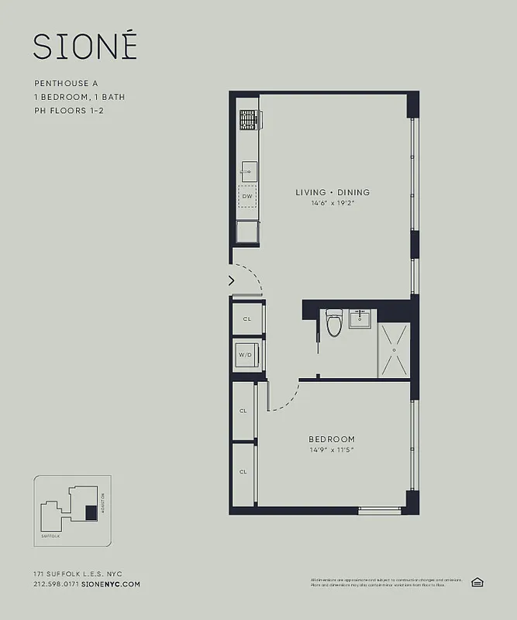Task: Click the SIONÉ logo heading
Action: point(85,46)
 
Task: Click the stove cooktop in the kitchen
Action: point(249,119)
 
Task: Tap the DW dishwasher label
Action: point(247,197)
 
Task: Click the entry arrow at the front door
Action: point(231,281)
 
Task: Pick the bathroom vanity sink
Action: point(360,319)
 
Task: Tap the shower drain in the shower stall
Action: point(394,350)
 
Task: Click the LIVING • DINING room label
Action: point(333,192)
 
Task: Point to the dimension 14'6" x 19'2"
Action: point(333,203)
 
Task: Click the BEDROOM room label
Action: point(332,439)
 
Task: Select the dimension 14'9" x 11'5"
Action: point(332,449)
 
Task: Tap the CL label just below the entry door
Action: point(246,319)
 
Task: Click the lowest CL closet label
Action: point(243,471)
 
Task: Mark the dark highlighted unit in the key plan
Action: point(91,512)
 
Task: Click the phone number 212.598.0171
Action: point(56,584)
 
